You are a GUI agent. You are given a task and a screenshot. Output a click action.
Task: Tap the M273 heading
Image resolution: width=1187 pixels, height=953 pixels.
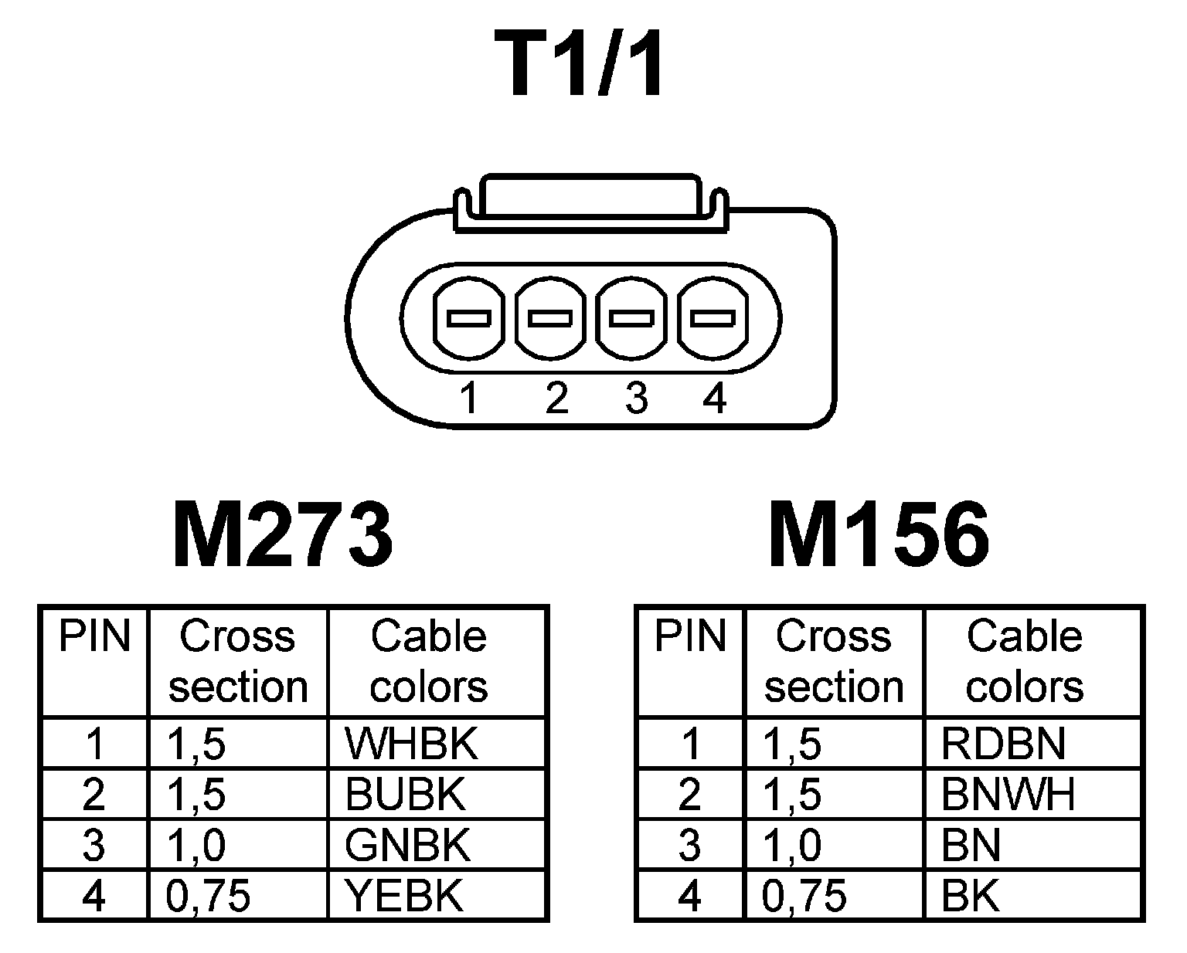tap(282, 534)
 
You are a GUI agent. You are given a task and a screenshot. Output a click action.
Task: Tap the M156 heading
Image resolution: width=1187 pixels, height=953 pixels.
tap(879, 534)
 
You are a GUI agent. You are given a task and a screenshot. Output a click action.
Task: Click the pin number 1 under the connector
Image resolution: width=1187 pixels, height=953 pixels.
tap(468, 398)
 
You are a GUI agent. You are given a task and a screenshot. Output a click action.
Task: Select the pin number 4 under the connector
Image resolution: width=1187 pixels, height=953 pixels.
tap(715, 398)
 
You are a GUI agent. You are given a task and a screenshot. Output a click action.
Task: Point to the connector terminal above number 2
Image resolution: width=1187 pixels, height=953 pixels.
tap(549, 317)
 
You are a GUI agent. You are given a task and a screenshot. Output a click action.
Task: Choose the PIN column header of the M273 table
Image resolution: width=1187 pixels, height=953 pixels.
tap(94, 637)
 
